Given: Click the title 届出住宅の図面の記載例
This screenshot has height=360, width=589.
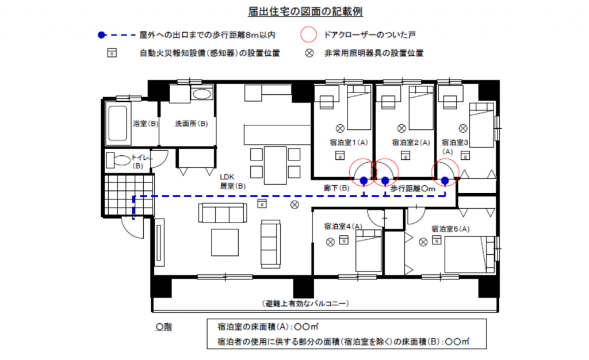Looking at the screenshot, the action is tap(305, 12).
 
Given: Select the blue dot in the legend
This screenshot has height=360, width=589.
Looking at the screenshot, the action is tap(101, 35).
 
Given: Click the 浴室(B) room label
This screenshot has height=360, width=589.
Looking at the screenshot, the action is tap(146, 124).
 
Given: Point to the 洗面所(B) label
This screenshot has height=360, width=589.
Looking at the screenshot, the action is tap(192, 124).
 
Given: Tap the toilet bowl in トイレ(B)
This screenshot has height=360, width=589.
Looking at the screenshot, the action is tap(121, 160).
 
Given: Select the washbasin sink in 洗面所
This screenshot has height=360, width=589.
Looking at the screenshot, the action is tap(202, 94).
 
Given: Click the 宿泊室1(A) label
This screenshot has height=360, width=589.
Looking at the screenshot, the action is tap(349, 143).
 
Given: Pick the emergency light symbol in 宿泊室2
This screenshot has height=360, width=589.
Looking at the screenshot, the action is tap(401, 128).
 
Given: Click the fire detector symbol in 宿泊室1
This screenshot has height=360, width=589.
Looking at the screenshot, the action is tap(340, 155).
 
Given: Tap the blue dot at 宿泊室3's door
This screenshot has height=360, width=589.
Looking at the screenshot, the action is tap(445, 181).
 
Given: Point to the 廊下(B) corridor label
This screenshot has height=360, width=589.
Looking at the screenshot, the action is tap(336, 188).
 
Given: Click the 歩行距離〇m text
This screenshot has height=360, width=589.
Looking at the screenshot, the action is tap(413, 189).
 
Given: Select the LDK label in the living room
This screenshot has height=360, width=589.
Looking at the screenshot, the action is tap(227, 177).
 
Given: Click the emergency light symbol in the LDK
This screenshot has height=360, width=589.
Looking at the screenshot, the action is tap(295, 205).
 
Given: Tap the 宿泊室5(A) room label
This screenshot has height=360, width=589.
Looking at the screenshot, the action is tap(450, 229).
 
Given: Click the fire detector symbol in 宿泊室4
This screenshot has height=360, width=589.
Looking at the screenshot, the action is tap(344, 239).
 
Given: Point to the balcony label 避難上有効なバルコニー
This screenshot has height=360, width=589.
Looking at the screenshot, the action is tap(305, 303).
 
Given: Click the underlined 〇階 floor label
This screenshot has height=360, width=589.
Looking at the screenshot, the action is tap(164, 327).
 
